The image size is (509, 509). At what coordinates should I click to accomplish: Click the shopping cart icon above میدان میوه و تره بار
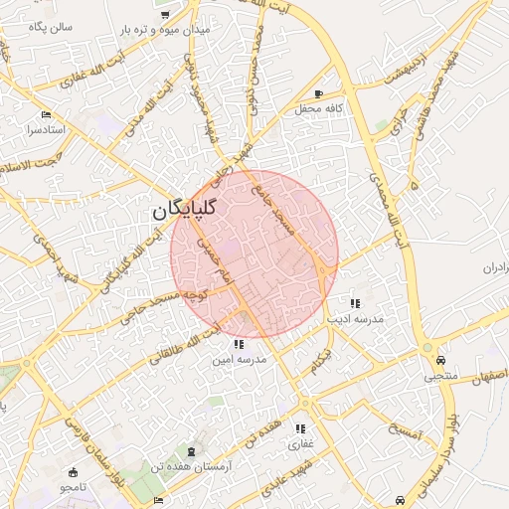point(165,14)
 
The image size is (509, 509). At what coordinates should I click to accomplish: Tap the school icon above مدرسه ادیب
point(354,302)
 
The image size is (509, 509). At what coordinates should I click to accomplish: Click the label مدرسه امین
point(236,359)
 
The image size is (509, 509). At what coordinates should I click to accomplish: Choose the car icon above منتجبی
point(440,361)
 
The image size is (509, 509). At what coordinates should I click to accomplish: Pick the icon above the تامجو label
point(72,471)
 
